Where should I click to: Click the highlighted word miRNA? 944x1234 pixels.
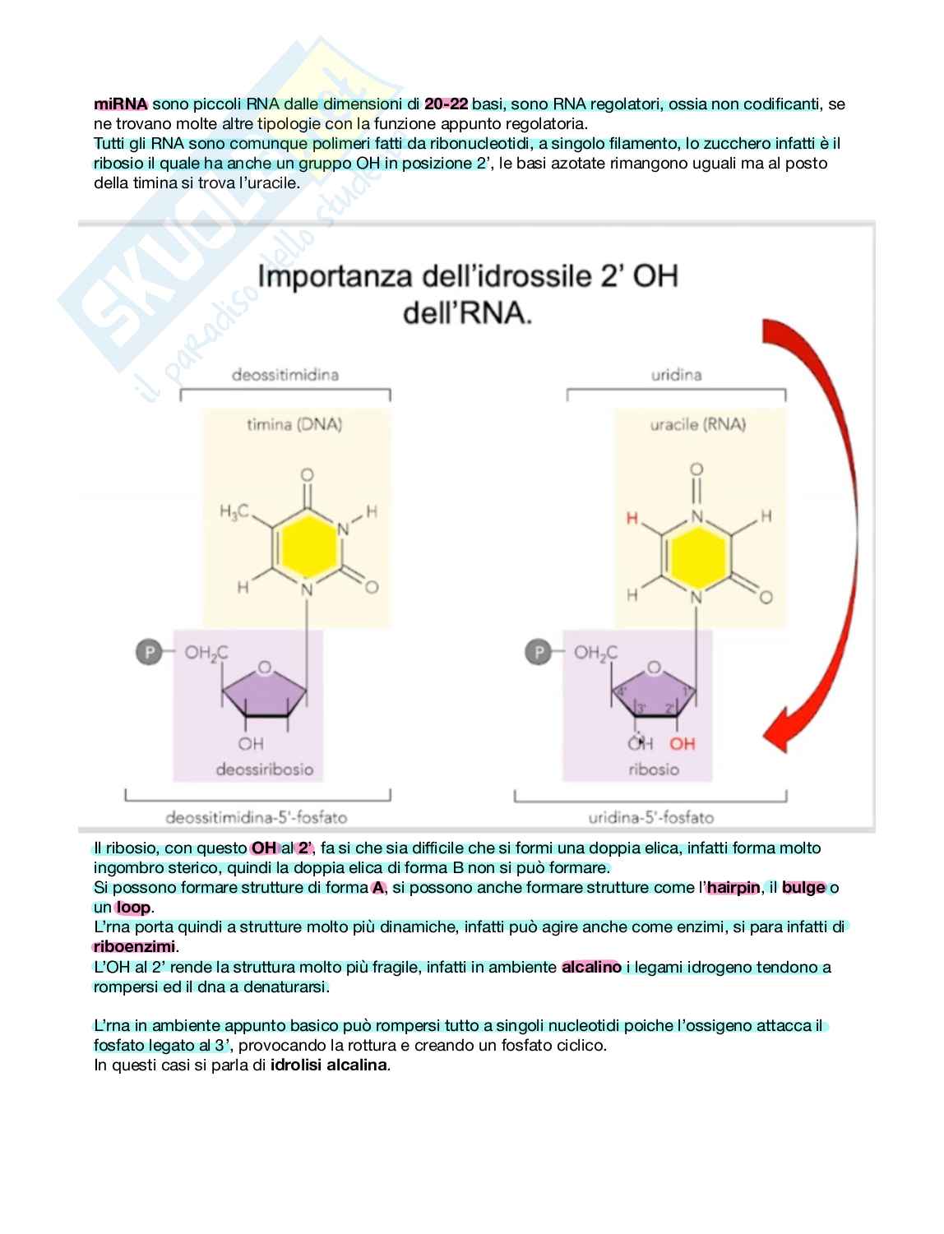point(121,104)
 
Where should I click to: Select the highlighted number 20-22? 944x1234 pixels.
point(447,104)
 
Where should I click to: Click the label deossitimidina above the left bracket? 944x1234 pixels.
point(285,375)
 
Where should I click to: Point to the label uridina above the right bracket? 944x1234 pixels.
point(676,375)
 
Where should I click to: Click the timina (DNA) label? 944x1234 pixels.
point(294,424)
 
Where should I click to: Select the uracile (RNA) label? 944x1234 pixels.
point(697,424)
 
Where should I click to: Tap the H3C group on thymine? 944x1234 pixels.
point(234,512)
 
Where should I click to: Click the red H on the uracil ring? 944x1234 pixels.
point(632,518)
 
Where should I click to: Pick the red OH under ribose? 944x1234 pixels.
point(682,744)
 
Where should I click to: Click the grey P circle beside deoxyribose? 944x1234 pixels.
point(149,653)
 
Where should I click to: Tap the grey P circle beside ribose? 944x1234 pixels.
point(539,653)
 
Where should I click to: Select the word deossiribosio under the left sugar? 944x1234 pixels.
point(265,770)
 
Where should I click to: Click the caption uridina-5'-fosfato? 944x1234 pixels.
point(650,817)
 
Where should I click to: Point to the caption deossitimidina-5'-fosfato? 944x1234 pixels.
point(257,817)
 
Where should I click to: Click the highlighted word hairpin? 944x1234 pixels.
point(733,888)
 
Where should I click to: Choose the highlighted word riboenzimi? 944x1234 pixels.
point(134,947)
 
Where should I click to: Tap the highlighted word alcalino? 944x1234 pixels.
point(591,967)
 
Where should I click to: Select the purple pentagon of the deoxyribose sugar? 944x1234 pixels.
point(266,692)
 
